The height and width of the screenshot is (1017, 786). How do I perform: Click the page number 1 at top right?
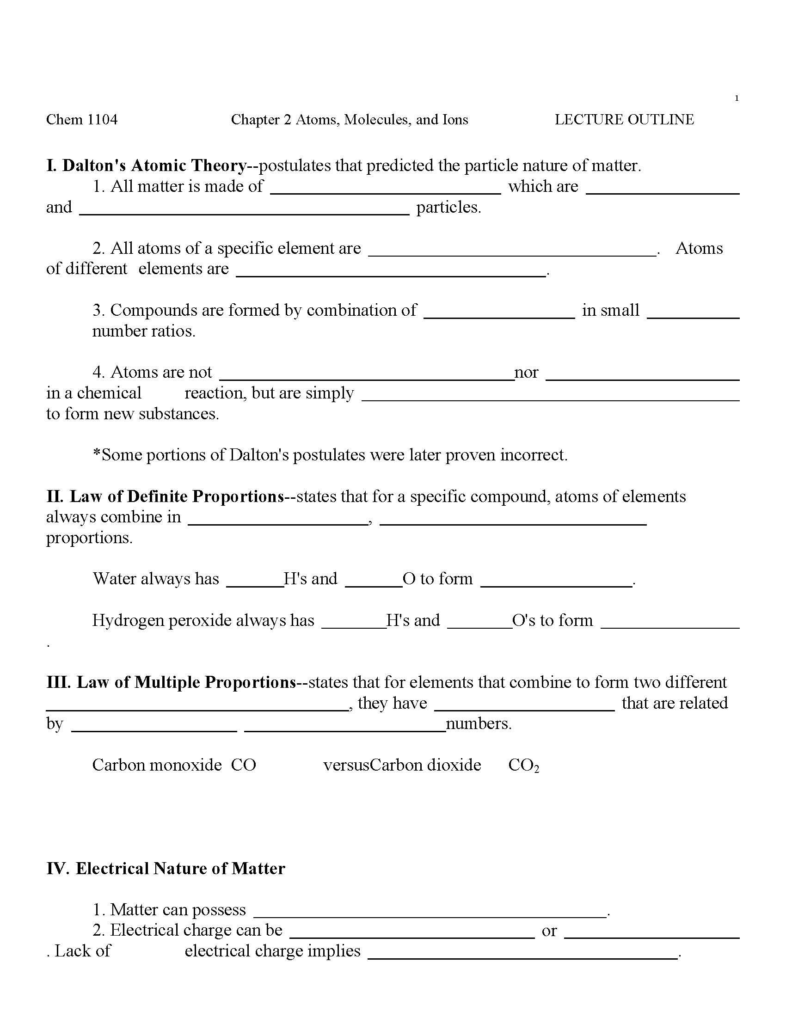pyautogui.click(x=737, y=98)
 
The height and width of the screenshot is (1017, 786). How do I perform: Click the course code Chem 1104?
pyautogui.click(x=82, y=120)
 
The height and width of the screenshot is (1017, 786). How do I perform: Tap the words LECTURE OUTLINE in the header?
pyautogui.click(x=624, y=120)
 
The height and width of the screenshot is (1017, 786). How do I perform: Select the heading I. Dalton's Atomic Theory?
pyautogui.click(x=147, y=165)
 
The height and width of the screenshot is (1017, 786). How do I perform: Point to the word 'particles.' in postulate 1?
pyautogui.click(x=448, y=207)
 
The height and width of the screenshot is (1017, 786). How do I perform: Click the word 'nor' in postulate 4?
pyautogui.click(x=526, y=372)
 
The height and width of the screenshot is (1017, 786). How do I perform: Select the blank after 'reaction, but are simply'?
pyautogui.click(x=550, y=396)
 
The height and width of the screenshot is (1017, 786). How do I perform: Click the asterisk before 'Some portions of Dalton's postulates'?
pyautogui.click(x=97, y=454)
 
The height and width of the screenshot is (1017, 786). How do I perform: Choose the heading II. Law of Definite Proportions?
pyautogui.click(x=166, y=496)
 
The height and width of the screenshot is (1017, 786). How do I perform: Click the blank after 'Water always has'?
pyautogui.click(x=255, y=582)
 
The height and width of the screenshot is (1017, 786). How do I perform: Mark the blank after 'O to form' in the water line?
pyautogui.click(x=556, y=582)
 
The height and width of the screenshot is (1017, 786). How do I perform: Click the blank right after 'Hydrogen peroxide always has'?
pyautogui.click(x=353, y=624)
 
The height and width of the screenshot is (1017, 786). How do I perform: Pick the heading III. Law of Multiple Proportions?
pyautogui.click(x=172, y=682)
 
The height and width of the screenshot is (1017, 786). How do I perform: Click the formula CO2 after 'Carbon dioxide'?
pyautogui.click(x=523, y=765)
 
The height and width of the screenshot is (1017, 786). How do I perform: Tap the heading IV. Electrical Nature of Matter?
pyautogui.click(x=166, y=869)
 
